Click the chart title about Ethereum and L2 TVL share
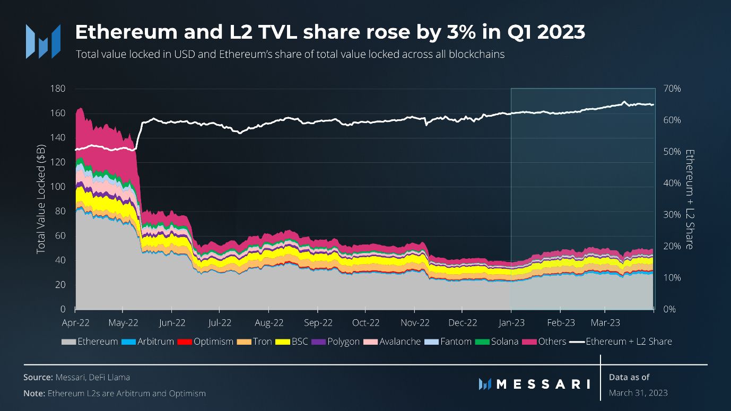(329, 33)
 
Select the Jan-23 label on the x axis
(510, 322)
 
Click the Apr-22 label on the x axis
(75, 322)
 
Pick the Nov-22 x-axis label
(414, 322)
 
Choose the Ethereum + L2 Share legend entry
(621, 342)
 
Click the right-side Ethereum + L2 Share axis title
(689, 199)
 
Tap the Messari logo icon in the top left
(43, 41)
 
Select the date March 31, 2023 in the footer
(638, 393)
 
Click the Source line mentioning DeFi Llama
(76, 377)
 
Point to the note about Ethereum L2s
(115, 393)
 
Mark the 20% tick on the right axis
(669, 246)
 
